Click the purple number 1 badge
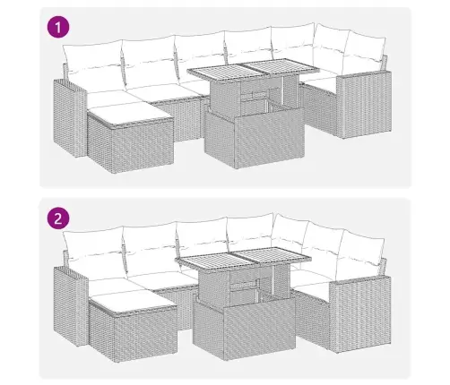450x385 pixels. click(x=58, y=28)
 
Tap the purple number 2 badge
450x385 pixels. click(x=58, y=218)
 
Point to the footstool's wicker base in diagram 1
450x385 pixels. click(x=131, y=146)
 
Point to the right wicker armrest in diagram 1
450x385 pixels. click(x=364, y=105)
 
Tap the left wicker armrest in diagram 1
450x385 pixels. click(x=69, y=118)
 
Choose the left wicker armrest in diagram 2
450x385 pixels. click(x=70, y=306)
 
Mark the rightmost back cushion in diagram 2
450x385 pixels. click(x=360, y=252)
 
